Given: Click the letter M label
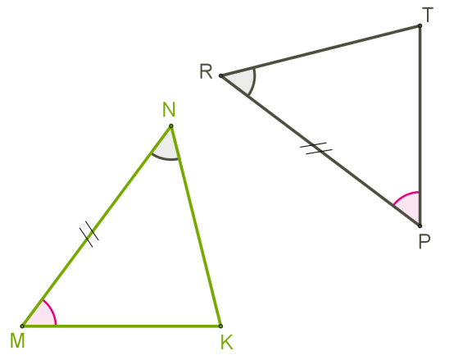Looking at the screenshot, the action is pos(17,340).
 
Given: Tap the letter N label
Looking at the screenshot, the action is pos(169,109).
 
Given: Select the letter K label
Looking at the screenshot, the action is pos(227,342).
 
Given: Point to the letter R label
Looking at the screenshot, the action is pos(206,71).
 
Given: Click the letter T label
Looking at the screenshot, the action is pos(428,15).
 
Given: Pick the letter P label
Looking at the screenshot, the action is pos(424,241).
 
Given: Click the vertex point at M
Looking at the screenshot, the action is pos(22,326).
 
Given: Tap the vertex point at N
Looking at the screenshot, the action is pos(171,126).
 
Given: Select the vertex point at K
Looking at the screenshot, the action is pos(220,326).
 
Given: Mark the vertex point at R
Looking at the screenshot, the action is pos(221,76).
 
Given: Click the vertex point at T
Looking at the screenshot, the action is pos(420,26).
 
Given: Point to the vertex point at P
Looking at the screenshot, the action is pos(420,226).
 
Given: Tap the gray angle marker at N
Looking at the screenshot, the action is pos(169,159).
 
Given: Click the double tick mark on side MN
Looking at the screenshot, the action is pos(89,234).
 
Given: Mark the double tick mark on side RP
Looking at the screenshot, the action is pos(316,148).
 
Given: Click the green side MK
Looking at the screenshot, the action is pos(121,326).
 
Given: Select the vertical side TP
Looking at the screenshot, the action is pos(420,126).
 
